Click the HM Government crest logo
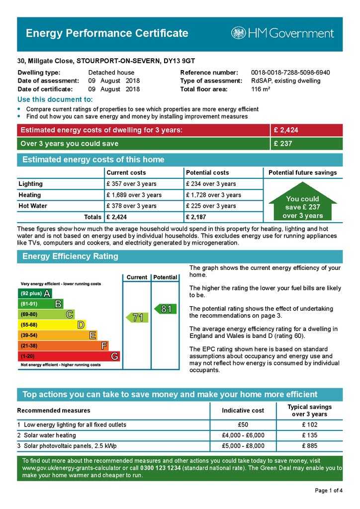239,33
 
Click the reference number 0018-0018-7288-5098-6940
290,73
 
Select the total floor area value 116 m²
261,89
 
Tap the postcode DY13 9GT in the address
181,62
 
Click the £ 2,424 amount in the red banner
286,130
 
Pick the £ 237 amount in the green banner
283,144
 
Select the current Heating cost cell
134,195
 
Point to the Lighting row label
31,184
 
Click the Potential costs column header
207,172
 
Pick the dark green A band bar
35,293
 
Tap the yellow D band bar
52,325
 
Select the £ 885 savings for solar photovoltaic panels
309,446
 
